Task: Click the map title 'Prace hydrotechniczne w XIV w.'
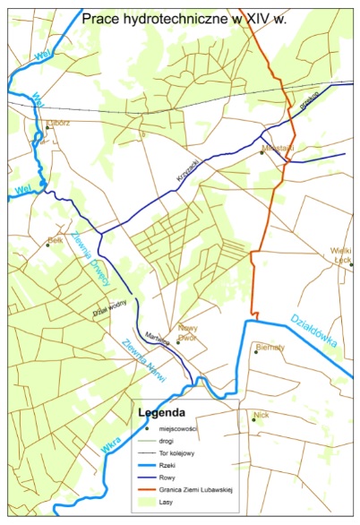point(184,17)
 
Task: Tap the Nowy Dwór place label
point(187,331)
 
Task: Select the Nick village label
point(261,415)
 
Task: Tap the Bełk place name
point(56,240)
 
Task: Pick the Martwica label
point(158,331)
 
